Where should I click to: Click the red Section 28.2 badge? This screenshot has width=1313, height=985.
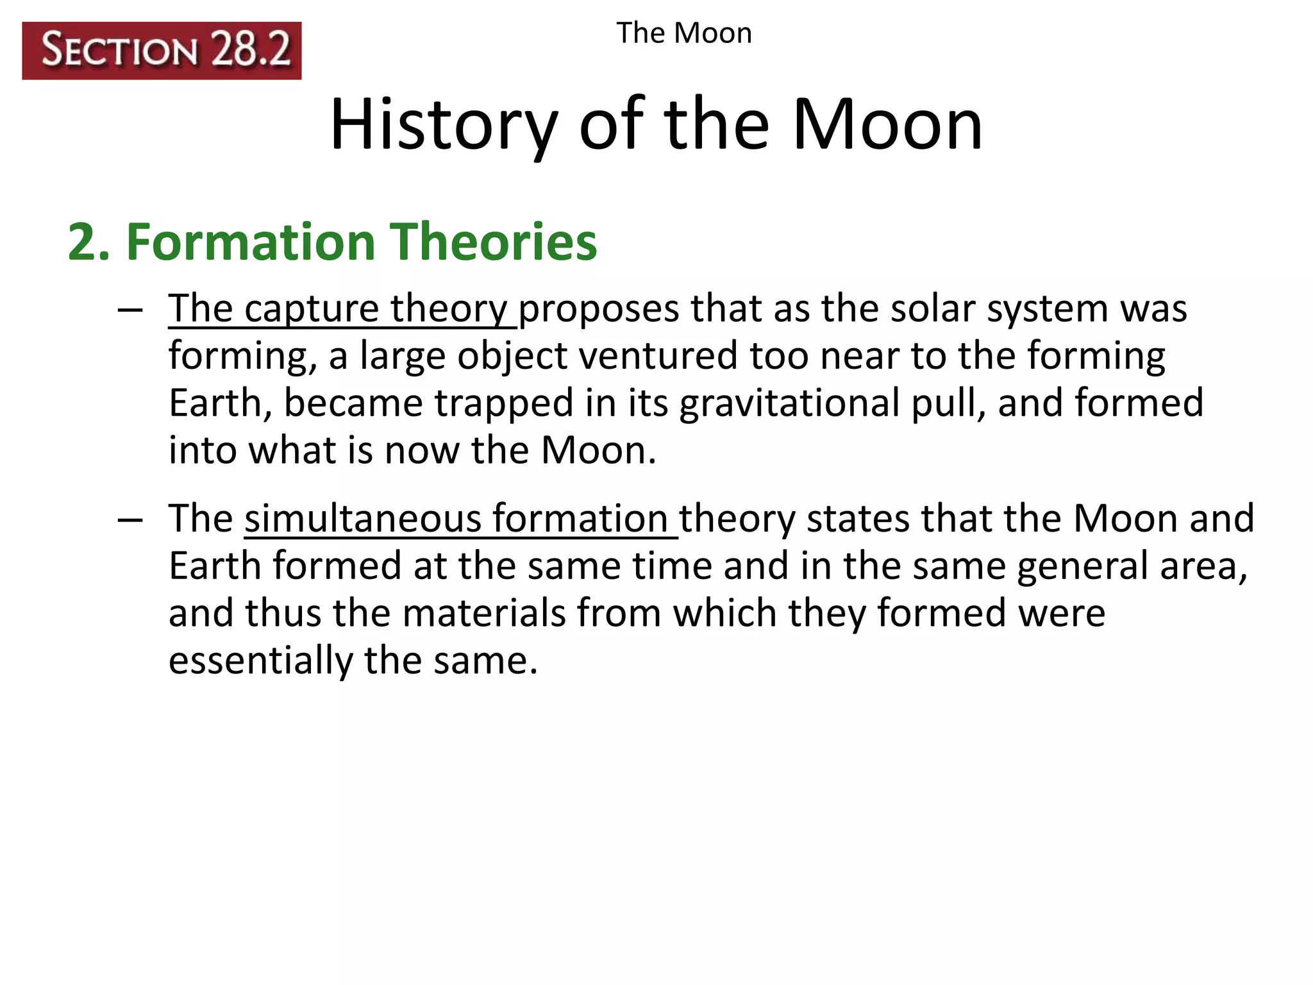pyautogui.click(x=162, y=51)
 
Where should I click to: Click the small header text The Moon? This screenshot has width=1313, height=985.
pyautogui.click(x=683, y=33)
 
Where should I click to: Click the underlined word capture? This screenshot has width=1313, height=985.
pyautogui.click(x=312, y=309)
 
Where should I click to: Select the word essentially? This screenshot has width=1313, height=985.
pyautogui.click(x=260, y=661)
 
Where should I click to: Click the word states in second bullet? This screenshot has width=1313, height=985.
pyautogui.click(x=858, y=518)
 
